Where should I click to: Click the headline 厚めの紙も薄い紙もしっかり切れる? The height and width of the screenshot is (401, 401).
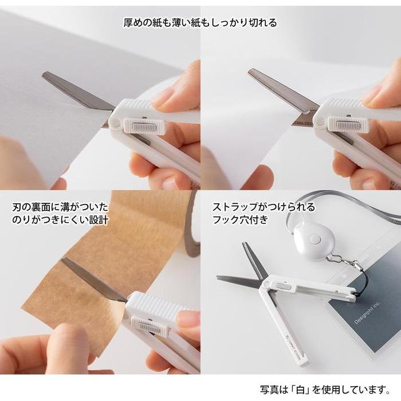pos(200,22)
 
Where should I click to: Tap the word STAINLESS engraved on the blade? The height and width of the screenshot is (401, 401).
pos(303,124)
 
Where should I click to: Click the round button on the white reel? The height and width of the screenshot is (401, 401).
pos(315,239)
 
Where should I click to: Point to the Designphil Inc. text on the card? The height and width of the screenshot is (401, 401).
pos(367,313)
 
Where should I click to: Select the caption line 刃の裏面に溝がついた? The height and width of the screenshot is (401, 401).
pos(60,207)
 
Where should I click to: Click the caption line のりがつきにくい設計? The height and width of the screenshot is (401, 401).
pos(60,220)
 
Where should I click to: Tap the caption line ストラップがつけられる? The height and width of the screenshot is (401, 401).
pos(264,207)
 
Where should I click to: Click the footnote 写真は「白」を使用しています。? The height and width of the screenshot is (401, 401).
pos(325,390)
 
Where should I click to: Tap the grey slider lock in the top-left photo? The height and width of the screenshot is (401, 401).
pos(144,127)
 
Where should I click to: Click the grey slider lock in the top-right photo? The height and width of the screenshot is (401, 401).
pos(348,125)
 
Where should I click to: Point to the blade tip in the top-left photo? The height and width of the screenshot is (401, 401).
pos(44,74)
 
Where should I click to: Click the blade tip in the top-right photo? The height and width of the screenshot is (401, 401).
pos(250,70)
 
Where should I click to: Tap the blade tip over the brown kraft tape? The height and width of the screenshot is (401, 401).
pos(62,260)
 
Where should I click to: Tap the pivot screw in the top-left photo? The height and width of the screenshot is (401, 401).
pos(116,122)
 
